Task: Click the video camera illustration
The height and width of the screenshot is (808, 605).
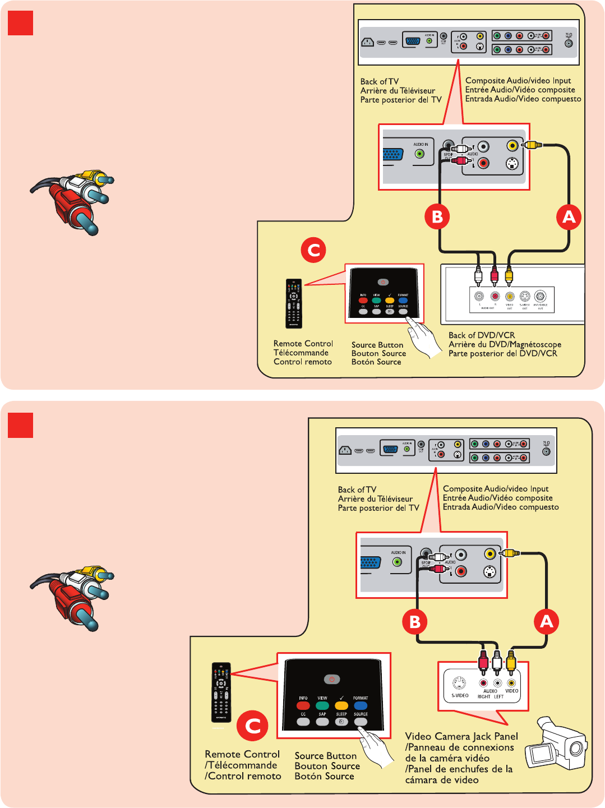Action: (556, 742)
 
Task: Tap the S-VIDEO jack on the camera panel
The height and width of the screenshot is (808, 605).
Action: (459, 684)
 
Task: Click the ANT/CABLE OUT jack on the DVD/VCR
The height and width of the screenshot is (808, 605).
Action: (540, 296)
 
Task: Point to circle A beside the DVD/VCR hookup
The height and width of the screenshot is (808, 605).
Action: (569, 217)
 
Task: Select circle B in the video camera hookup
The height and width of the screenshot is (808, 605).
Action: (414, 622)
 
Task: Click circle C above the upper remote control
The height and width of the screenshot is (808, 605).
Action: (313, 250)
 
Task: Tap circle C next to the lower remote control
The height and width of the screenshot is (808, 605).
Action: (252, 726)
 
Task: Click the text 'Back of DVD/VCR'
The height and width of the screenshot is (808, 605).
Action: (482, 335)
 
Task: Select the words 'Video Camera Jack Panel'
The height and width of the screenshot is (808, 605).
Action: (461, 736)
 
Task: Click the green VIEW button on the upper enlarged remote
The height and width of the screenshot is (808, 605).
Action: (376, 301)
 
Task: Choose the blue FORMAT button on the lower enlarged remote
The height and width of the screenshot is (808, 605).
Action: (361, 705)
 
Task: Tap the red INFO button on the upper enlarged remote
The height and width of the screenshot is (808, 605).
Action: (363, 301)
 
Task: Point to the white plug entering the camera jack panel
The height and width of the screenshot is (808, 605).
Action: (497, 663)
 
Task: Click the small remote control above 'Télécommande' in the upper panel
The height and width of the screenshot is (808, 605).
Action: (294, 303)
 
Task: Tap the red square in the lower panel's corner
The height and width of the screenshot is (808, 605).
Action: (20, 425)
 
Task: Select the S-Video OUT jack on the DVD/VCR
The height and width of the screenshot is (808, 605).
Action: (524, 296)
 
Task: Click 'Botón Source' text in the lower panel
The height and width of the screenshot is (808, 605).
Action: (324, 776)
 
